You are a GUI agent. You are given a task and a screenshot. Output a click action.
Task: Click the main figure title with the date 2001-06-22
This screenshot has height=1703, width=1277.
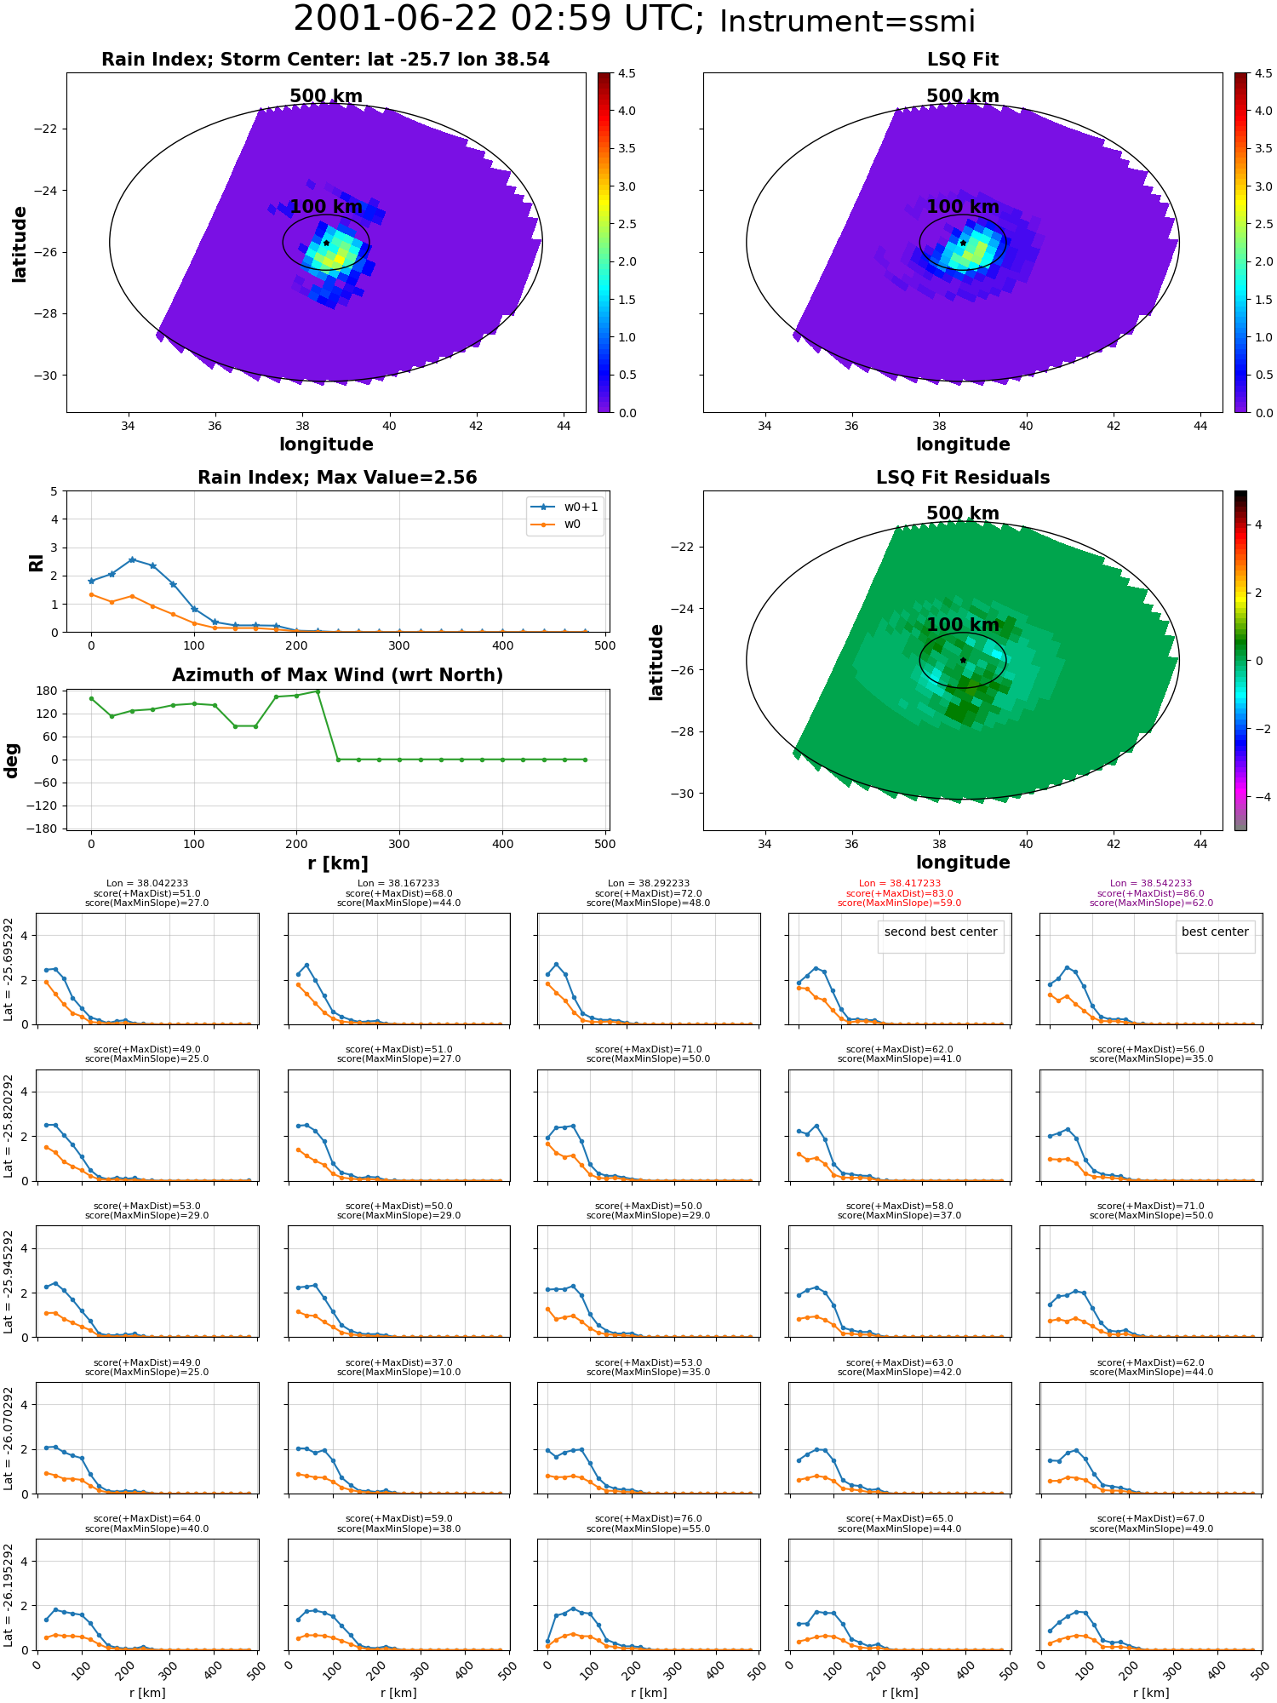point(634,20)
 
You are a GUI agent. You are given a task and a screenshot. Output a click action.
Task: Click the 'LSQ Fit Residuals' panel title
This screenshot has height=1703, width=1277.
point(963,478)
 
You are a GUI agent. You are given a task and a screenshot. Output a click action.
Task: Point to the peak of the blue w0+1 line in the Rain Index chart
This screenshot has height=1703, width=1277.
point(132,559)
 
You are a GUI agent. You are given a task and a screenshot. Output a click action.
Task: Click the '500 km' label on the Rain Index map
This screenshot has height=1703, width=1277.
point(326,96)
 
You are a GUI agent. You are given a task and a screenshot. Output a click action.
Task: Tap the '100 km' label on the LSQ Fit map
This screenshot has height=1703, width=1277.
point(963,207)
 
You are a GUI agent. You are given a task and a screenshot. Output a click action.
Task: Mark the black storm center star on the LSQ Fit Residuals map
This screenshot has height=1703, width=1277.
point(963,660)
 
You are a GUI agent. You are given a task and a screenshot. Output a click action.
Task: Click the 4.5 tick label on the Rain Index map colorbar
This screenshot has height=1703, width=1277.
point(627,74)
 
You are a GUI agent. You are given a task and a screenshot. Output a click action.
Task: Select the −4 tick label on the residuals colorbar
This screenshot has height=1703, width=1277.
point(1258,797)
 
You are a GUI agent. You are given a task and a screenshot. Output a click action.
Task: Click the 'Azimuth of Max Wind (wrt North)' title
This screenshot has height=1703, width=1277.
point(337,675)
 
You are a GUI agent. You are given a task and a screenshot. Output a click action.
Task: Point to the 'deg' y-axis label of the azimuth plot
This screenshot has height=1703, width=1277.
point(12,760)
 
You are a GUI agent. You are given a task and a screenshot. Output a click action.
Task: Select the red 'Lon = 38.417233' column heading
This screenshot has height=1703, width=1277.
point(900,884)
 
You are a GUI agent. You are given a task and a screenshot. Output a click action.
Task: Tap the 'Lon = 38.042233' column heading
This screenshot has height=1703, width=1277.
point(147,884)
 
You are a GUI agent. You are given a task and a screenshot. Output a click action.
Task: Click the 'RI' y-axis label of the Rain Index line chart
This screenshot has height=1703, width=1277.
point(37,563)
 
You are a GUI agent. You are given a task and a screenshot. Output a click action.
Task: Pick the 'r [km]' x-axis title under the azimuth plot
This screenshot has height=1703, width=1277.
point(338,863)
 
